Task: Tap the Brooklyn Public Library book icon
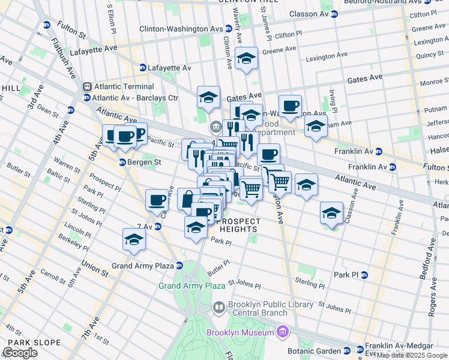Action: [x=219, y=308]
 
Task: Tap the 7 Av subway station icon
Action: [x=158, y=226]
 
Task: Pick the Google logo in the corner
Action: [x=20, y=353]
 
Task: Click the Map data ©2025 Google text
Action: [x=412, y=355]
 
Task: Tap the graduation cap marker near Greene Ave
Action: [x=246, y=59]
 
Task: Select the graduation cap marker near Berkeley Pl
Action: [x=134, y=239]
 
